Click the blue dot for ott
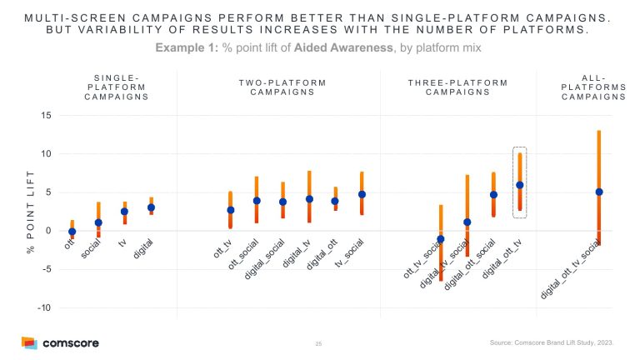[x=72, y=232]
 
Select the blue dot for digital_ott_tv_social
[x=599, y=192]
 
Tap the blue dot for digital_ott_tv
[x=520, y=185]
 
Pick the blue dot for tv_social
[x=362, y=194]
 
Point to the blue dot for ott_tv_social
[x=441, y=239]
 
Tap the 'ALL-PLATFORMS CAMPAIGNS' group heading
[x=594, y=87]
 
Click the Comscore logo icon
[x=30, y=342]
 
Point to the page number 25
[x=319, y=343]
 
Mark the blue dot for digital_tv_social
[x=467, y=222]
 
